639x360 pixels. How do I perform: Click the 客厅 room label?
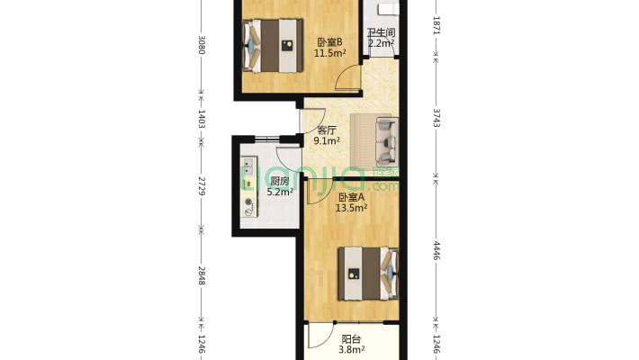click(327, 130)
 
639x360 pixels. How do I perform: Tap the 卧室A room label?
click(351, 197)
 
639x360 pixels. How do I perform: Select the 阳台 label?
click(350, 339)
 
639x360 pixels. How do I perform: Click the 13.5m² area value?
click(351, 208)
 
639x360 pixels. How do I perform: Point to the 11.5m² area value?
click(329, 53)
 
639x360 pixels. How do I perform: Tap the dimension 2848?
click(202, 275)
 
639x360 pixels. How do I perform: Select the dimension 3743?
click(436, 117)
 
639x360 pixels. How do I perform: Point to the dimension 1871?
click(436, 24)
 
